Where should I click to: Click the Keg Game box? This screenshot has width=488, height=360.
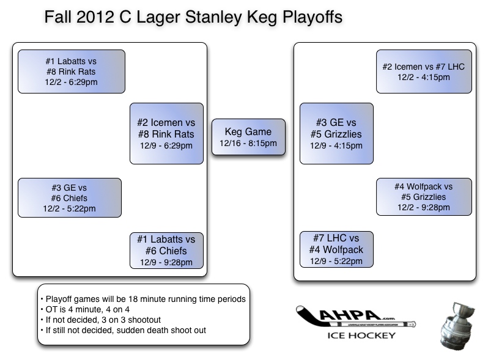point(248,138)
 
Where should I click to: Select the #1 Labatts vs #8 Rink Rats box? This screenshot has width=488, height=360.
point(71,72)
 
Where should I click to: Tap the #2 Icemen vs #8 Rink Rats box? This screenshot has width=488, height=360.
point(166,133)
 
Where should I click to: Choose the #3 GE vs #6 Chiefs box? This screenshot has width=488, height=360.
point(69,198)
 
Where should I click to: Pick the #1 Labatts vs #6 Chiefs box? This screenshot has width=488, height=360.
point(166,250)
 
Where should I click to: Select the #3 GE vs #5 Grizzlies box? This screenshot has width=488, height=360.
point(336,133)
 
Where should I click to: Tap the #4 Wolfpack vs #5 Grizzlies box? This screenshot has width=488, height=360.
point(423,197)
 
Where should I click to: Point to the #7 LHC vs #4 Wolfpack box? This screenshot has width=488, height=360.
point(336,249)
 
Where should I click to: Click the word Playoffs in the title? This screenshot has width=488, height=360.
point(306,17)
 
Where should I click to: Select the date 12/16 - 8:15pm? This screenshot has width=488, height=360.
point(248,144)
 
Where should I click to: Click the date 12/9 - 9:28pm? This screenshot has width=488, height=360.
point(166,262)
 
